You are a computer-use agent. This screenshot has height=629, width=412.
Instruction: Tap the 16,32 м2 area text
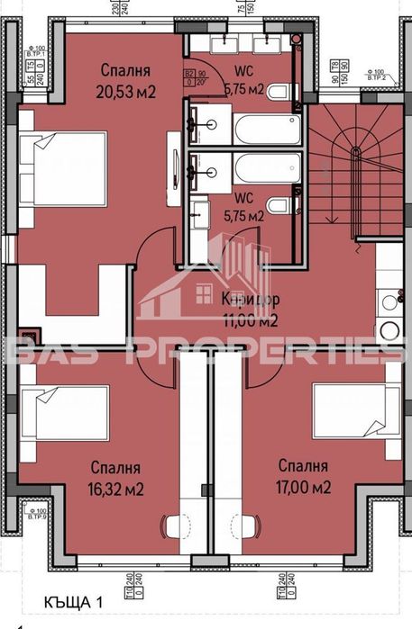116,490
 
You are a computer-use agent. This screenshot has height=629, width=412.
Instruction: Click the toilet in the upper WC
280,91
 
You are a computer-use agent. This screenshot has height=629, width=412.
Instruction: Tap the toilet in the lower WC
280,206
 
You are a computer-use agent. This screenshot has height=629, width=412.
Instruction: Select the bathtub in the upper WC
267,128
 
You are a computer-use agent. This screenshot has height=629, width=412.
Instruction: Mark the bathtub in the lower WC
267,168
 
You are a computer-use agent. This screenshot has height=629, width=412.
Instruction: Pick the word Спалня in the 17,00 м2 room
303,466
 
